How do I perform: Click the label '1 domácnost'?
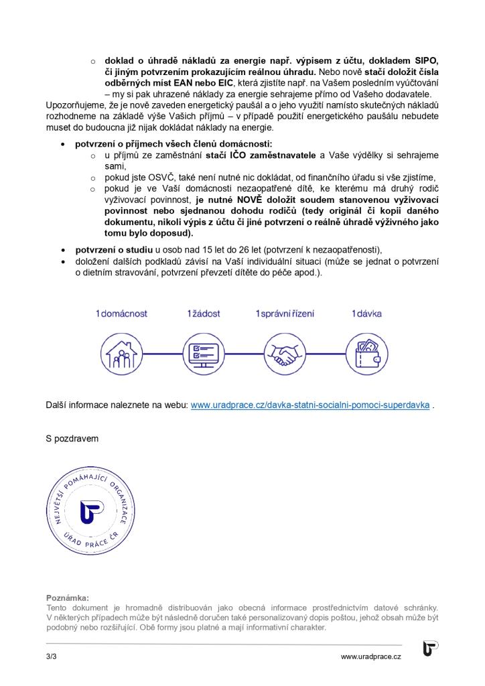coord(121,314)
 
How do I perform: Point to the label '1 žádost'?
coord(203,314)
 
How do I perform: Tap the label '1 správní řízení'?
coord(285,314)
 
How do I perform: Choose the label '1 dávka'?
coord(366,314)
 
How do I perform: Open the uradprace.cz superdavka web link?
coord(310,405)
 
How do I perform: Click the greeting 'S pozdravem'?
coord(72,439)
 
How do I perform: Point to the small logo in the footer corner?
coord(430,650)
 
